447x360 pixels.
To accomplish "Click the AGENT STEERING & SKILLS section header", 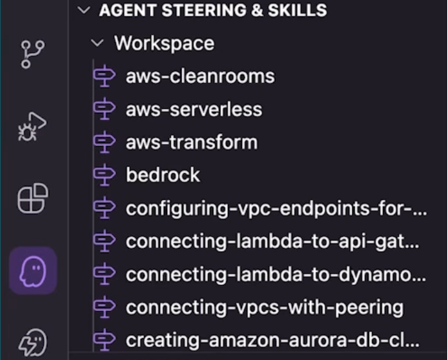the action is coord(213,10).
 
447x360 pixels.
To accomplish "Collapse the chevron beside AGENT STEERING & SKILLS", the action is coord(84,10).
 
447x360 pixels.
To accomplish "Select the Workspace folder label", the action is coord(164,44).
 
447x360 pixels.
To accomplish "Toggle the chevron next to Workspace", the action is coord(97,44).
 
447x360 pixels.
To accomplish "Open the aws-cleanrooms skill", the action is coord(200,76).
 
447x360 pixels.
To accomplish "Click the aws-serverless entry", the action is coord(194,110).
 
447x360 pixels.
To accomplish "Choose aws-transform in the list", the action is coord(191,142).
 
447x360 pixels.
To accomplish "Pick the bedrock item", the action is coord(163,175).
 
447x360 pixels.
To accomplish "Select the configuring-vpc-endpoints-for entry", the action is coord(277,209).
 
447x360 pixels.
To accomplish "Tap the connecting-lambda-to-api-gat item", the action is coord(273,241).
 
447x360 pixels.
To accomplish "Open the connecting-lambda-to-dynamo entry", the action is coord(276,274).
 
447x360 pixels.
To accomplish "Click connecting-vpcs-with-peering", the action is coord(264,307).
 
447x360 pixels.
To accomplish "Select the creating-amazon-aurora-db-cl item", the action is coord(273,340).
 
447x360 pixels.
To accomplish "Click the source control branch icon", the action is coord(33,54).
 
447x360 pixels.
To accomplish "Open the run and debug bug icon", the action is coord(32,127).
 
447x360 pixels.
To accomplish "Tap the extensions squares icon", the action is coord(33,199).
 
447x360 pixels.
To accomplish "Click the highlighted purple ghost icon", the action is coord(33,271).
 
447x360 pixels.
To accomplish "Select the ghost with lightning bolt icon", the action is coord(33,342).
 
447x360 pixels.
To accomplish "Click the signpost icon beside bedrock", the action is coord(104,175).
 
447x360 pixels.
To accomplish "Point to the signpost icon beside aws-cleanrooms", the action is coord(104,76).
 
